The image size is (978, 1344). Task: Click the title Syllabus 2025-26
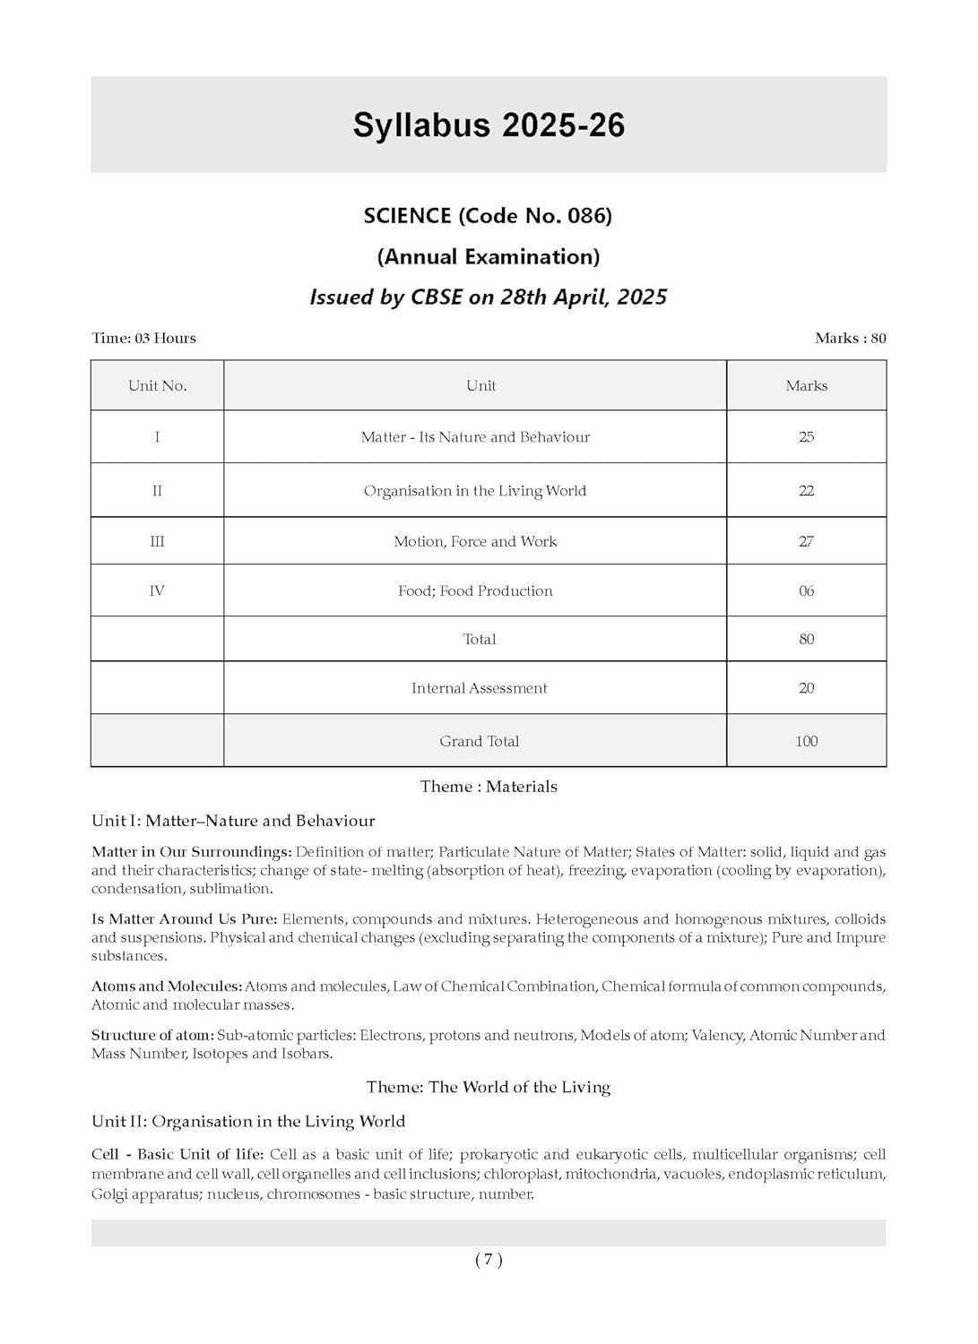coord(489,125)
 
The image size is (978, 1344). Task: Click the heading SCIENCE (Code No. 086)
coord(488,216)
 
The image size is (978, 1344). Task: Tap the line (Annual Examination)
coord(489,257)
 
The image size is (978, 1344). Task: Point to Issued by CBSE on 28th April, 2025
coord(489,297)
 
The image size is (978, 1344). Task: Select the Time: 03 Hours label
coord(143,339)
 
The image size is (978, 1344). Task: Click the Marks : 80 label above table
coord(850,339)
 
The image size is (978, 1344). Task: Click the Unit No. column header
coord(157,386)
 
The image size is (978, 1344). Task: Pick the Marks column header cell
coord(806,386)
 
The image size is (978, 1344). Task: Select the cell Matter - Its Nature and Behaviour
coord(475,437)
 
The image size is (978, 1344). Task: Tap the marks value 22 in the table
coord(806,491)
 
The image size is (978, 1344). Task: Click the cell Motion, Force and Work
coord(475,542)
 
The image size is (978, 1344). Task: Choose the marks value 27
coord(806,542)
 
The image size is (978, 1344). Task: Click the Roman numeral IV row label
coord(157,591)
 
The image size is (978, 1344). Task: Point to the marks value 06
coord(806,591)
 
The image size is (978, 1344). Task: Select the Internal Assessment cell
coord(479,689)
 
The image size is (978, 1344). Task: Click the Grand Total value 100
coord(806,742)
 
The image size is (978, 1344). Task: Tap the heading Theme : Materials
coord(489,787)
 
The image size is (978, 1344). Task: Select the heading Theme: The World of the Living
coord(489,1088)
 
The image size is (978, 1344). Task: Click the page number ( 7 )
coord(489,1260)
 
